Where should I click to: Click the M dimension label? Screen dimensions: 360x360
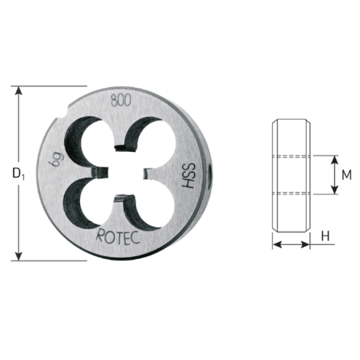[347, 175]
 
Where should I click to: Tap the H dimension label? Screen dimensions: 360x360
[325, 236]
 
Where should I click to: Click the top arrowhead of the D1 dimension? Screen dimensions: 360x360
[19, 90]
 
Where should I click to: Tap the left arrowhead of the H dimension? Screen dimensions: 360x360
[275, 244]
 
